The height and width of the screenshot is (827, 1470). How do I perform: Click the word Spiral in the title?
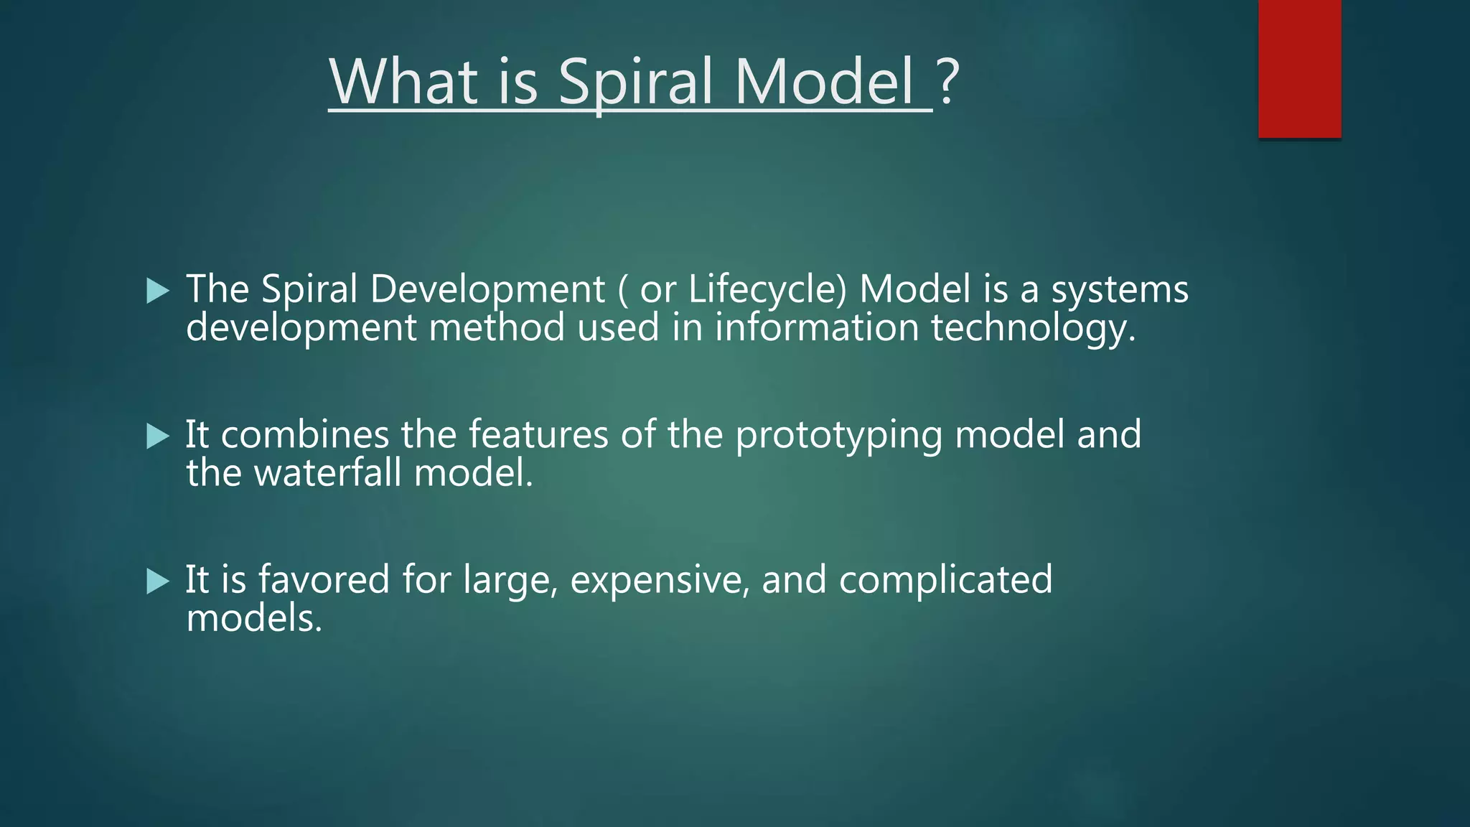pyautogui.click(x=635, y=83)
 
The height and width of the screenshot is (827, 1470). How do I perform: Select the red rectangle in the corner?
pyautogui.click(x=1299, y=68)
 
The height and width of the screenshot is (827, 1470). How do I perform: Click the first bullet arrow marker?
pyautogui.click(x=157, y=291)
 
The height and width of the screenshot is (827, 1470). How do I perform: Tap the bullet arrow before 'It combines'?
pyautogui.click(x=157, y=436)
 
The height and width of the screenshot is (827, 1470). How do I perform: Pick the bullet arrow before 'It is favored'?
pyautogui.click(x=157, y=581)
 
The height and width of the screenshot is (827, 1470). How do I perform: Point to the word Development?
pyautogui.click(x=487, y=290)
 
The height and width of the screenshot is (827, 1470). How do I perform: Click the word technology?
pyautogui.click(x=1034, y=328)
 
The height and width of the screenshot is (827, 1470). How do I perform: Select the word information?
pyautogui.click(x=817, y=328)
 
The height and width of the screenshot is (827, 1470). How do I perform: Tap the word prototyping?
pyautogui.click(x=838, y=436)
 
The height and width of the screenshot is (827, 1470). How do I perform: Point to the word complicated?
pyautogui.click(x=945, y=581)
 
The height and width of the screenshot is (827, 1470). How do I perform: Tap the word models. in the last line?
pyautogui.click(x=254, y=618)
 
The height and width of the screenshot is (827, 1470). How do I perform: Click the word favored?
pyautogui.click(x=324, y=580)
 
